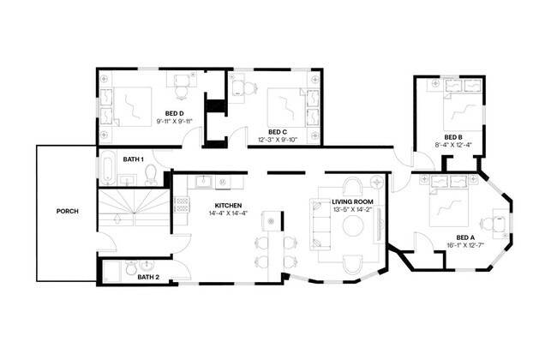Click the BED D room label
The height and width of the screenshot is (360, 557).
[x=174, y=113]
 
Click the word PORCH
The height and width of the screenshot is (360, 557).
[x=68, y=211]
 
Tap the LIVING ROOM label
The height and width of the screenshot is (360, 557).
[x=353, y=202]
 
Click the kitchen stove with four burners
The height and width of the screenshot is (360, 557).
[x=182, y=205]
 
